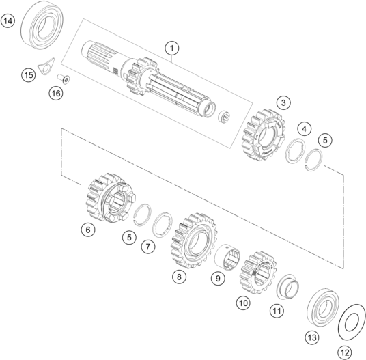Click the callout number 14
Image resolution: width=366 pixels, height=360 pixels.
point(8,21)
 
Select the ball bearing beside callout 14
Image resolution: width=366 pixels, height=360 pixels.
point(43,28)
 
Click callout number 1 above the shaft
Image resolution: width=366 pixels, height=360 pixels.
point(172,48)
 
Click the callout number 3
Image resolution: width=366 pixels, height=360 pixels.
point(282,102)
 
